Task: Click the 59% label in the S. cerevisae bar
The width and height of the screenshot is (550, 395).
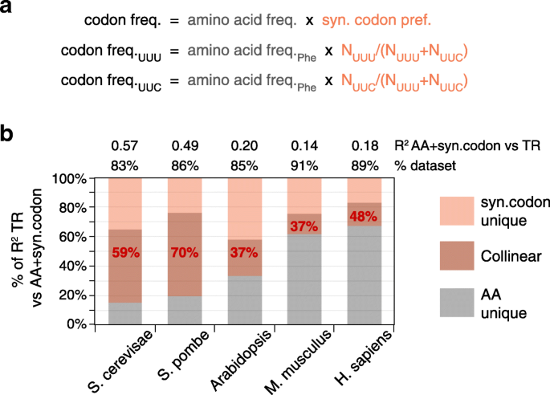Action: (x=125, y=252)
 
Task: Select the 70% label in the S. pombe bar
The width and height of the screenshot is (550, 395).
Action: (x=185, y=252)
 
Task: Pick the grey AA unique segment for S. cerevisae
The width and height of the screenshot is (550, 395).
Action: (x=125, y=313)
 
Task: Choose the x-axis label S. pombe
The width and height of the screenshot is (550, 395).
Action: (x=178, y=358)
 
